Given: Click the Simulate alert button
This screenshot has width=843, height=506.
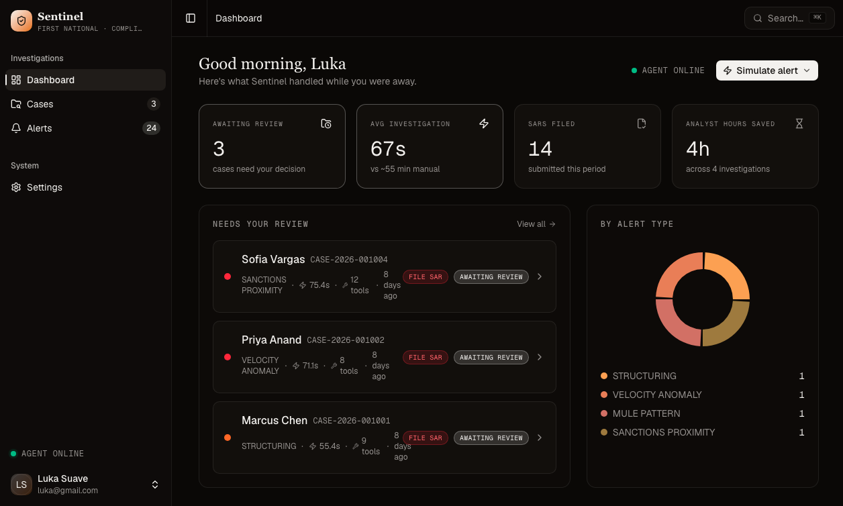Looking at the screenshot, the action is click(766, 70).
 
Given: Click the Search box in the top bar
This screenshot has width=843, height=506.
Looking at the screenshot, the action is click(789, 18).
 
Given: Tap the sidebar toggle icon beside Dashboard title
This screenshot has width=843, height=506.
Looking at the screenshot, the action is click(191, 18).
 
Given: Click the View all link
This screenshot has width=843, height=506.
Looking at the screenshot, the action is click(536, 224).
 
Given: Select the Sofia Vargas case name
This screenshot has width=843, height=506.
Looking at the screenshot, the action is click(273, 259).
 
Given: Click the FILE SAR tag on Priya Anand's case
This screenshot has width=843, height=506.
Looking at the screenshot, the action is click(426, 357).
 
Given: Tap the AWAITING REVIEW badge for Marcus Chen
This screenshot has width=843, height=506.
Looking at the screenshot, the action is click(491, 438).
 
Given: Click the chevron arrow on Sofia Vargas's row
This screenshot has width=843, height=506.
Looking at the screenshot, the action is click(540, 276).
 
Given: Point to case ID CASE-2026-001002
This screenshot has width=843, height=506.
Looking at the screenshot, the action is click(346, 340).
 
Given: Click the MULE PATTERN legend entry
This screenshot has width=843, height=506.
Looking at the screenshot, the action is click(646, 413).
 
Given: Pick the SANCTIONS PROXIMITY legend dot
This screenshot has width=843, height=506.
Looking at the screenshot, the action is click(604, 432).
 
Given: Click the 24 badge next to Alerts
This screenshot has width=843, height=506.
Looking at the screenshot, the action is click(151, 128).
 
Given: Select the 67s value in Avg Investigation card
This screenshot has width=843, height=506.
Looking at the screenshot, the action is click(388, 148).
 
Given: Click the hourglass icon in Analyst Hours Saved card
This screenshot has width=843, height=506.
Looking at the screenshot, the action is click(799, 123).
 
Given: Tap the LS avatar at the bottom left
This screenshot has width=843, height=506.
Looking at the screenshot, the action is click(21, 484).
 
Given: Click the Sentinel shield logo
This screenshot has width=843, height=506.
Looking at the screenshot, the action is click(21, 21).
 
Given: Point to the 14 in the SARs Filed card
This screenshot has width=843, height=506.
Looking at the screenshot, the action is click(540, 148).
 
